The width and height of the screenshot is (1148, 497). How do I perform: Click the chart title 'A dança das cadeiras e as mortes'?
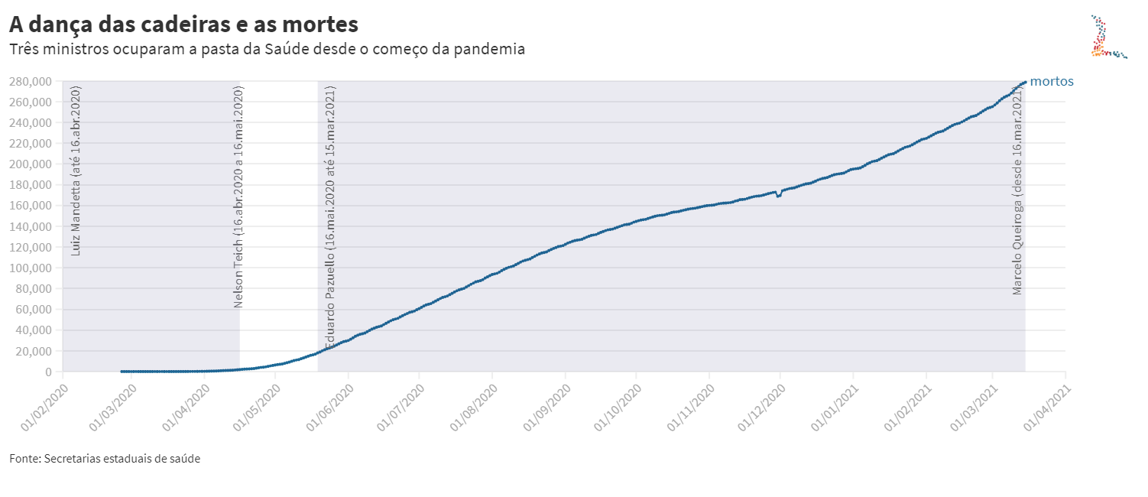click(x=183, y=24)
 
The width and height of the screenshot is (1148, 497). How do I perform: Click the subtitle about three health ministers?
click(x=267, y=50)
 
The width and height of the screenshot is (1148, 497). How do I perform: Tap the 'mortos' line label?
click(x=1052, y=81)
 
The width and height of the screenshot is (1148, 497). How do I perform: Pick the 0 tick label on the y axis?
click(x=48, y=372)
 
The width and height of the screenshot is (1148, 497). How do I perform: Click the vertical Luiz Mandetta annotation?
click(x=76, y=171)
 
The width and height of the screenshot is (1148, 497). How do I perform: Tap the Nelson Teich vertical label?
click(x=238, y=197)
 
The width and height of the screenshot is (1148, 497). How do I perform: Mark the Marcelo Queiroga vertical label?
click(x=1017, y=190)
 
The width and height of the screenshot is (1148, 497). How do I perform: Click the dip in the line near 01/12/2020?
click(x=778, y=197)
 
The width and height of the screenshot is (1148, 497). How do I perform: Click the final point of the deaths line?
click(x=1025, y=82)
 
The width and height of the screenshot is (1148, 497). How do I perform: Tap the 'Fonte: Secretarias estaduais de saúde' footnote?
click(x=105, y=459)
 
